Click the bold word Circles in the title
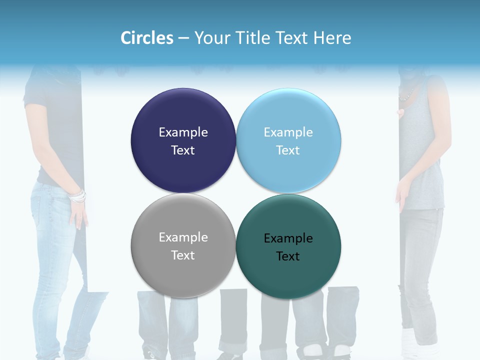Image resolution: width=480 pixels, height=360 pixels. [147, 38]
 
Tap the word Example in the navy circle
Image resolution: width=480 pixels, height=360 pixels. [183, 132]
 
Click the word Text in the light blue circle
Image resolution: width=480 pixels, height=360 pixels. [288, 150]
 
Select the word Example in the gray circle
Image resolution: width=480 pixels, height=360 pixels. [183, 237]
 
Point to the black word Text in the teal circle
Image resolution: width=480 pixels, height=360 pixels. [288, 256]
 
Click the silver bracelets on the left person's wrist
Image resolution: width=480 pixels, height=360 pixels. [77, 196]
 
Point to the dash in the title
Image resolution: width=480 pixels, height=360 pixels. [183, 38]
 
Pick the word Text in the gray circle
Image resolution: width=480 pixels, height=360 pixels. [183, 255]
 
